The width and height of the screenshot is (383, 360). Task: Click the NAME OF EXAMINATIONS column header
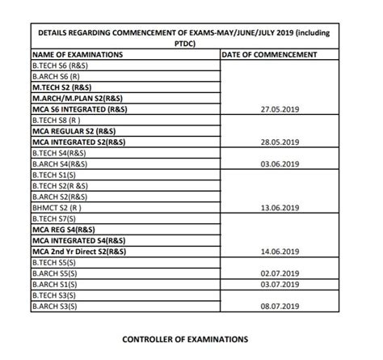pos(78,55)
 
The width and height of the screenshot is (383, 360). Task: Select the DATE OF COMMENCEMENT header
pos(268,55)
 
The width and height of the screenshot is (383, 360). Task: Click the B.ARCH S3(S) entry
pos(54,307)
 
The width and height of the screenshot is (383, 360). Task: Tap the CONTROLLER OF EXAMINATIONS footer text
pos(185,340)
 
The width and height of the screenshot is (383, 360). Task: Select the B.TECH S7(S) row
pos(54,219)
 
